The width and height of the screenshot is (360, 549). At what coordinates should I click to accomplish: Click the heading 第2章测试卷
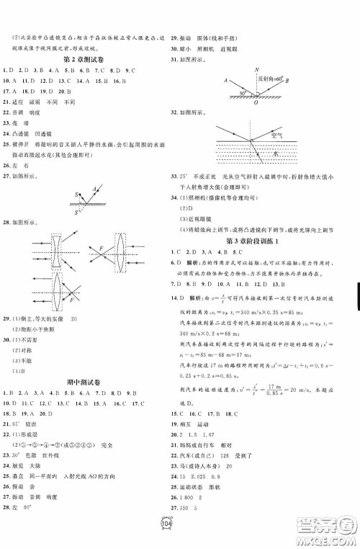(89, 58)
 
